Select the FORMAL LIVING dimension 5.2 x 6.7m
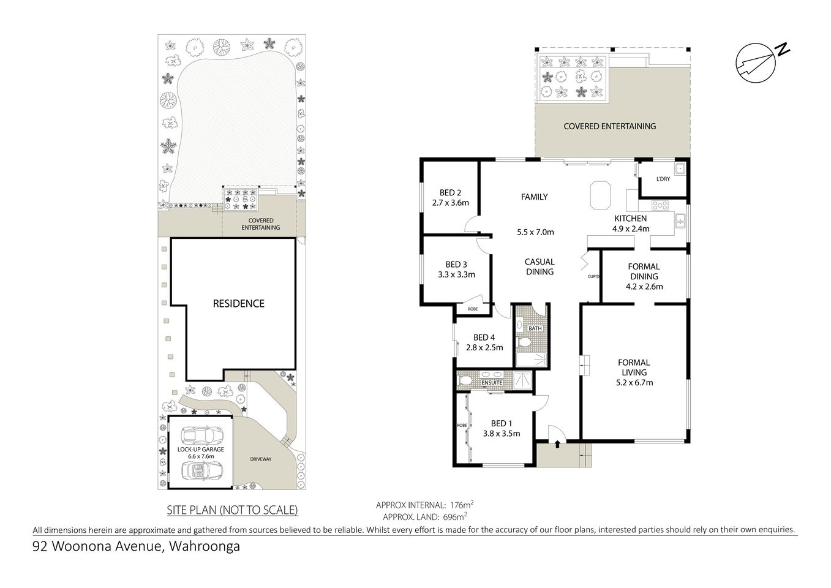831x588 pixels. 634,383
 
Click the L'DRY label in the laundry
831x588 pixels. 663,179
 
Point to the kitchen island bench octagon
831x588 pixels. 600,196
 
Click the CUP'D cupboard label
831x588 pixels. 592,277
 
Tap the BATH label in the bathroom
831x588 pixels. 535,328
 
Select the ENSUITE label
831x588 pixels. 492,383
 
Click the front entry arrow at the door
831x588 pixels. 557,445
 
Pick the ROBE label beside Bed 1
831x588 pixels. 461,425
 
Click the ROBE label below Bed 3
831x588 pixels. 473,309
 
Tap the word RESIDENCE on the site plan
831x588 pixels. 238,304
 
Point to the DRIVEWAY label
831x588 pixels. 260,459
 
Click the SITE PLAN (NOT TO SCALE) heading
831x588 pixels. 232,510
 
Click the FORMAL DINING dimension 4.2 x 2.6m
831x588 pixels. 644,286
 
